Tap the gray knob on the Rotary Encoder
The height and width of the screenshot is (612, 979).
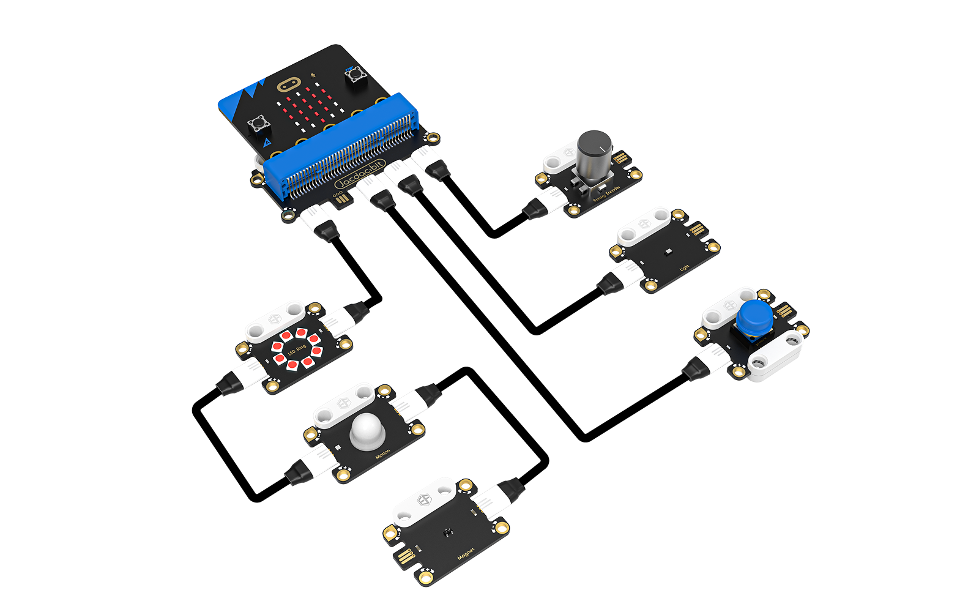[594, 153]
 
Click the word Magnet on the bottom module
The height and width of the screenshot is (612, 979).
[466, 554]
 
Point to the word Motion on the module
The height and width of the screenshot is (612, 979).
[382, 455]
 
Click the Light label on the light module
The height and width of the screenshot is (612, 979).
[684, 268]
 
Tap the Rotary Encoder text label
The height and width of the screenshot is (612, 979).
[606, 193]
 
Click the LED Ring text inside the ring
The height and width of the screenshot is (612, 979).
[297, 350]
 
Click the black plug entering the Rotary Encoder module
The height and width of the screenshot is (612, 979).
[534, 209]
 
